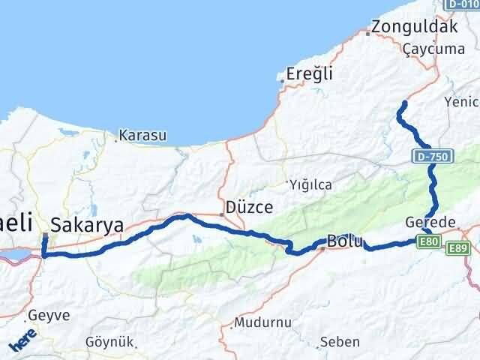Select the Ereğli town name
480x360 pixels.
coord(309,74)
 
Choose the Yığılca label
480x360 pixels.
coord(312,184)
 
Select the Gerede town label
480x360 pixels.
coord(430,223)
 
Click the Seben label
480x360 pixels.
coord(339,342)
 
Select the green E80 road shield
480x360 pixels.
coord(428,240)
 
